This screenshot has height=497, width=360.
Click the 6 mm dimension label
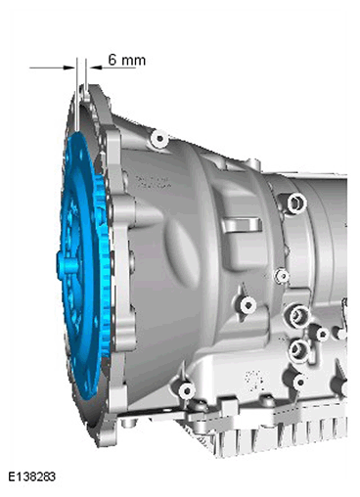127,60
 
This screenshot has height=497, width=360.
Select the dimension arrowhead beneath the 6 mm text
96,68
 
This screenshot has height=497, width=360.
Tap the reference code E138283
31,476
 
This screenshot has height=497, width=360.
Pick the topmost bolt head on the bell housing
159,138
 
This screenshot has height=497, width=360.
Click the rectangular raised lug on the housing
243,225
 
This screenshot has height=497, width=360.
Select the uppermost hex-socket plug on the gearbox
296,203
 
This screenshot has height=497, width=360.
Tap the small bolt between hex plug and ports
282,276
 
